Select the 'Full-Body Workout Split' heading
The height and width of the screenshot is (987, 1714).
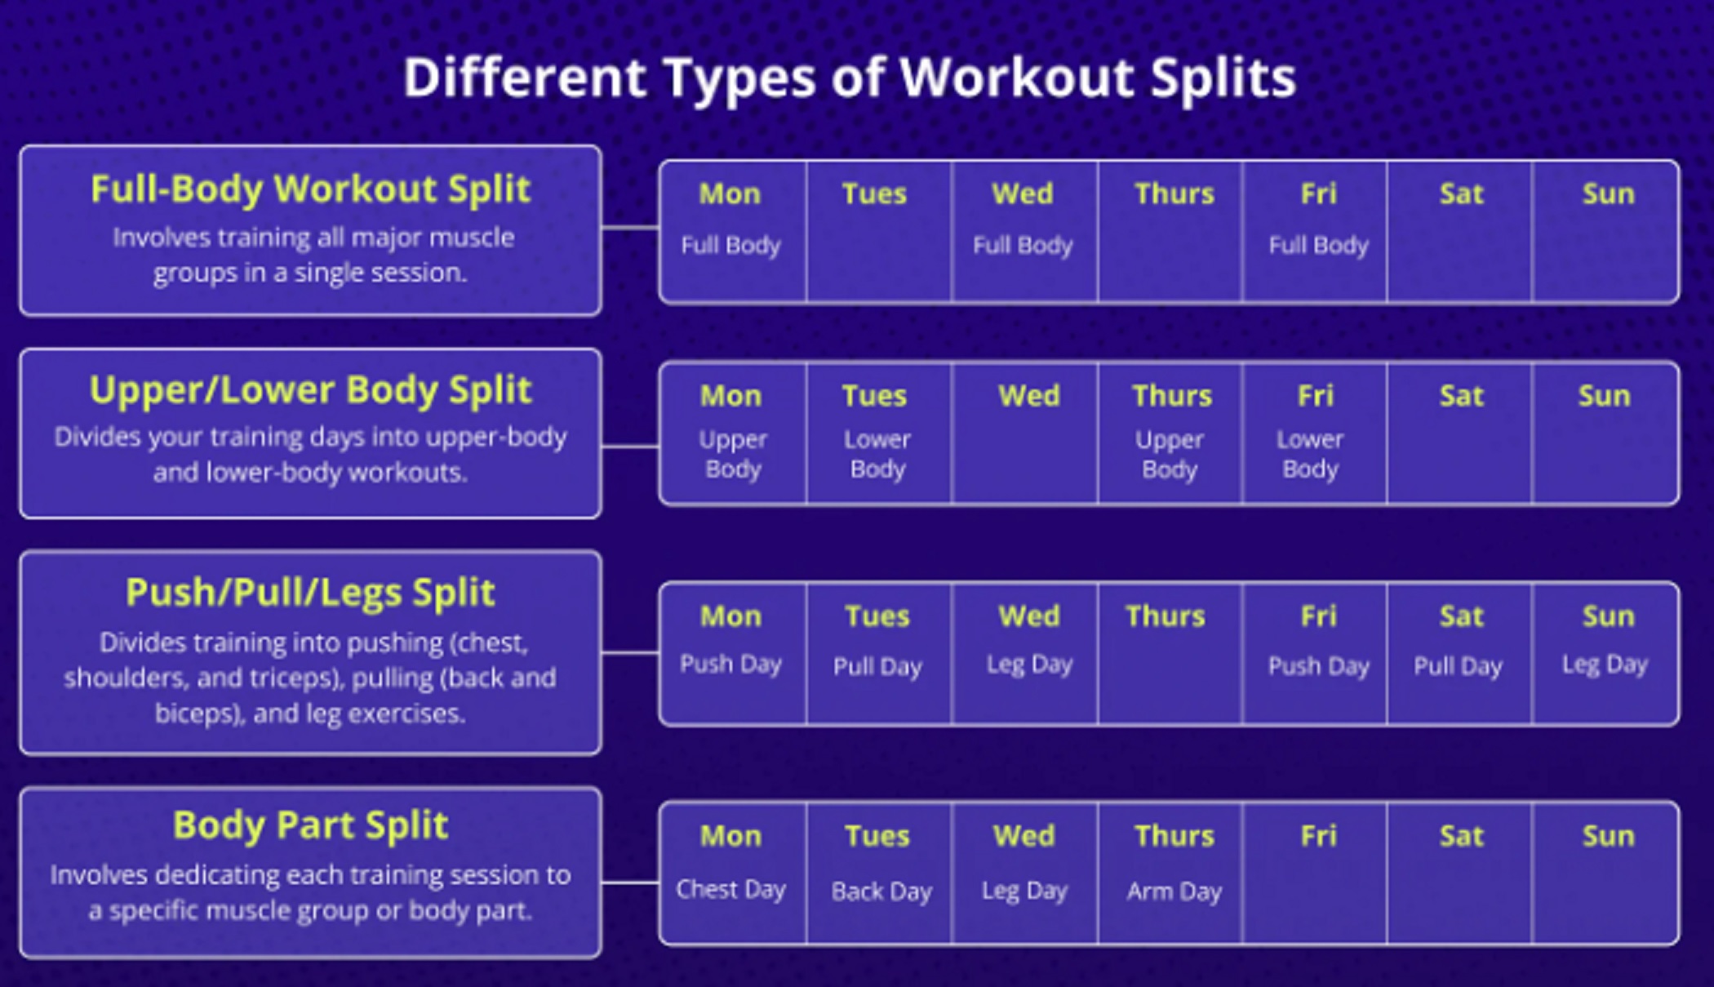[310, 189]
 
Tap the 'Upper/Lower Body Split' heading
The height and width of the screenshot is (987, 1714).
[310, 390]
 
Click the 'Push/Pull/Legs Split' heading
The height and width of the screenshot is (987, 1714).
[310, 593]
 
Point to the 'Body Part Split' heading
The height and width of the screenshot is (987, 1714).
[310, 825]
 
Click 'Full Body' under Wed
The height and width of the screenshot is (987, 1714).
[1023, 245]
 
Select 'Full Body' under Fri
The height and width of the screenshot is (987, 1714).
[1318, 245]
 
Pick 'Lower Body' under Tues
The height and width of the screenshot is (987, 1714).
[877, 454]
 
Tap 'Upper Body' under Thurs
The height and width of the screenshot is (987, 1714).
[1169, 454]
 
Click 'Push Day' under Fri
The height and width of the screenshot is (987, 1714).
[1318, 666]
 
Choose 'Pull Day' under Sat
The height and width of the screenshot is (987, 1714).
[1458, 666]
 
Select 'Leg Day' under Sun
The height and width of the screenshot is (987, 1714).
[1605, 665]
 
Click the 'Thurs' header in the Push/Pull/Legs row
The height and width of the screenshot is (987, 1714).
[1165, 616]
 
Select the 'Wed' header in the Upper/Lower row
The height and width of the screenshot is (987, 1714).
[1028, 396]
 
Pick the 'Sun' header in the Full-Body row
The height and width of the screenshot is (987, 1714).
[1608, 194]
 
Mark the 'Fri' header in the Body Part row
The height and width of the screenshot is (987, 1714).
[1318, 836]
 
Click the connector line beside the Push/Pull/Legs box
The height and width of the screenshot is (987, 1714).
[630, 652]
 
